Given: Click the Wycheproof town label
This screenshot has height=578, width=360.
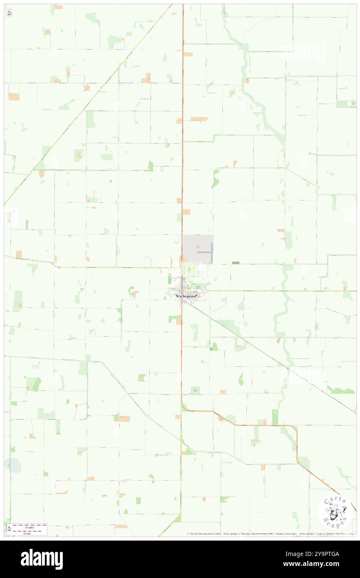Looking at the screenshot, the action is [185, 296].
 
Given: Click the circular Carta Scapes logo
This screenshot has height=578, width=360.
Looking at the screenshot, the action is [335, 511].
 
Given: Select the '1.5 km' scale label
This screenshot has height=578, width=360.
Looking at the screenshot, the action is [29, 533].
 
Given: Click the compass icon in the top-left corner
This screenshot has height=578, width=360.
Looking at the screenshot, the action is [9, 13].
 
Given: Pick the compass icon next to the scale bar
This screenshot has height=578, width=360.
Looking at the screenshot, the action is [9, 529].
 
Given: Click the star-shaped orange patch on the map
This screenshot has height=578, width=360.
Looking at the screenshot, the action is [86, 88].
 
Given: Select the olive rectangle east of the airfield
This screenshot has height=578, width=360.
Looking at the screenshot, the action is [236, 263].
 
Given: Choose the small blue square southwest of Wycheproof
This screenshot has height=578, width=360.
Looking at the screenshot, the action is [137, 306].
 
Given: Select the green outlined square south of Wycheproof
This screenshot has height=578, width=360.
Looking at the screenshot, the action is [195, 390].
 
